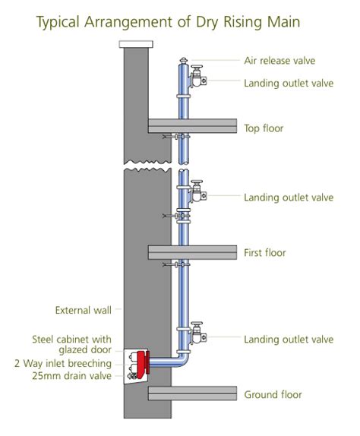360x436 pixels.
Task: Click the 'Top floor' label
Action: point(264,128)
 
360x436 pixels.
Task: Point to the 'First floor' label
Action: point(264,252)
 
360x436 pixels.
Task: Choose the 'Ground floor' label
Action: point(273,394)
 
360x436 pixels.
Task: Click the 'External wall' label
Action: point(84,310)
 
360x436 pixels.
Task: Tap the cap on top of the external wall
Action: point(137,45)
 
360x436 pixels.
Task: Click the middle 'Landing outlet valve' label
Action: point(288,197)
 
